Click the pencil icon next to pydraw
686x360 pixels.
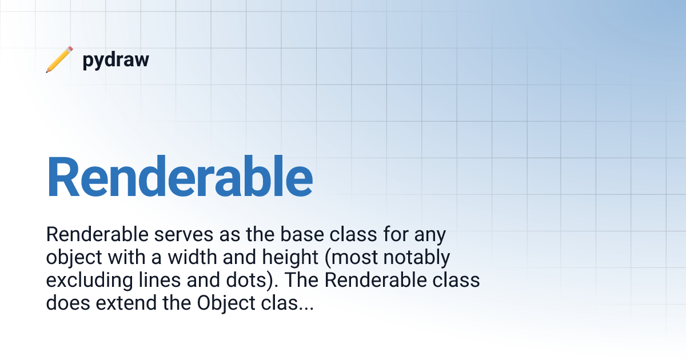[59, 59]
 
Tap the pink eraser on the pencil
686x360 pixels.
[70, 49]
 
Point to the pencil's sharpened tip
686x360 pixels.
[47, 71]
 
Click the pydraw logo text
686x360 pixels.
[115, 61]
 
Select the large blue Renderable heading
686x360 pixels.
[180, 177]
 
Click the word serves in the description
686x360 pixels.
[184, 235]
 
